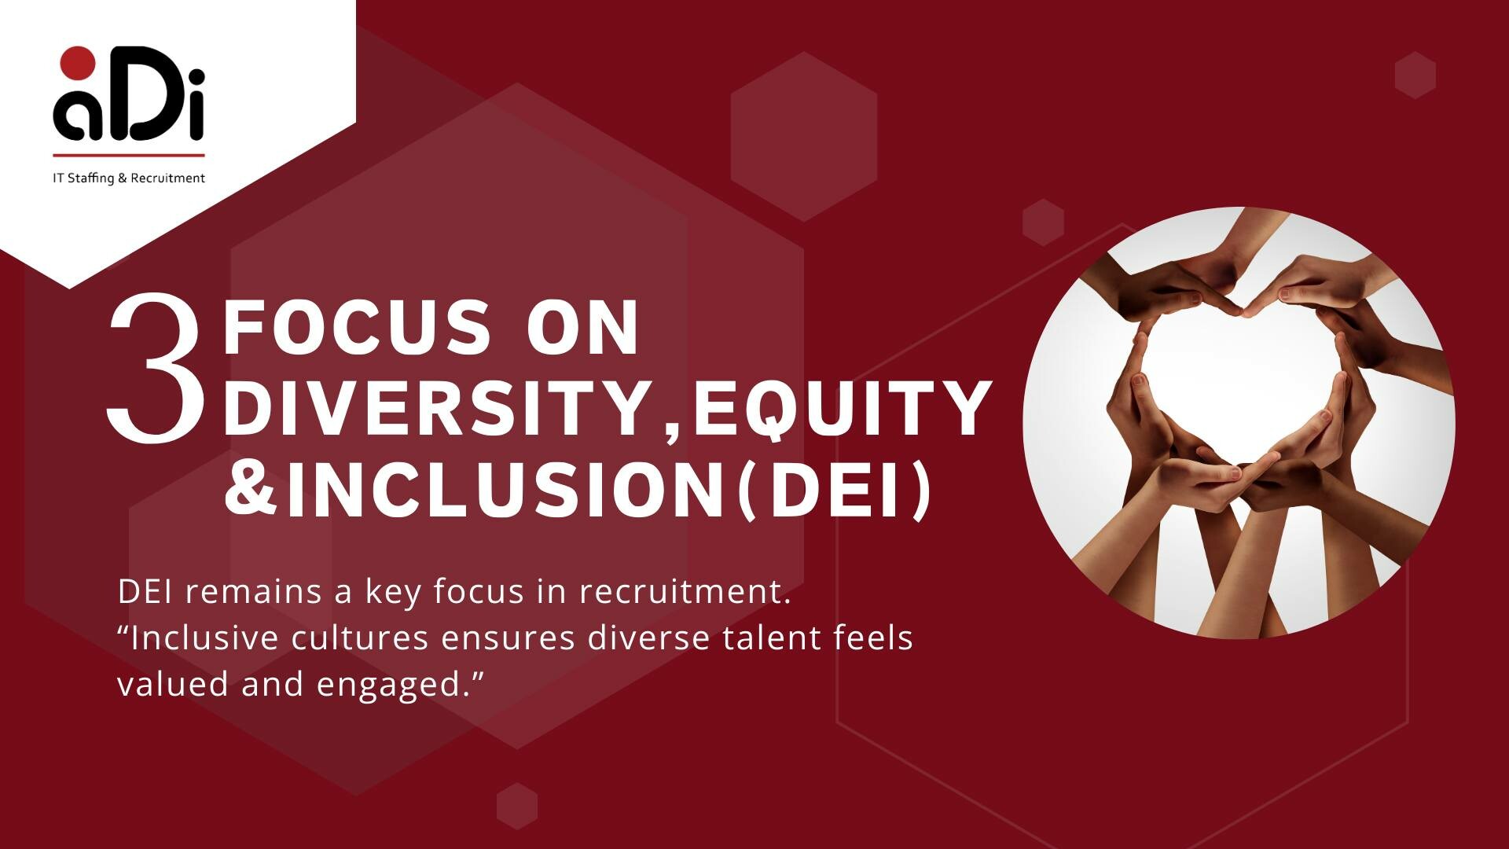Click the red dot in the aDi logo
click(78, 63)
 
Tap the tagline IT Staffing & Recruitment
click(129, 178)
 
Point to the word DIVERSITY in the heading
click(436, 408)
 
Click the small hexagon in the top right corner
click(1415, 75)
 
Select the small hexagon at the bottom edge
click(517, 806)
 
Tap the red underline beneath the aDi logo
click(129, 155)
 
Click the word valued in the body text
click(173, 684)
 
